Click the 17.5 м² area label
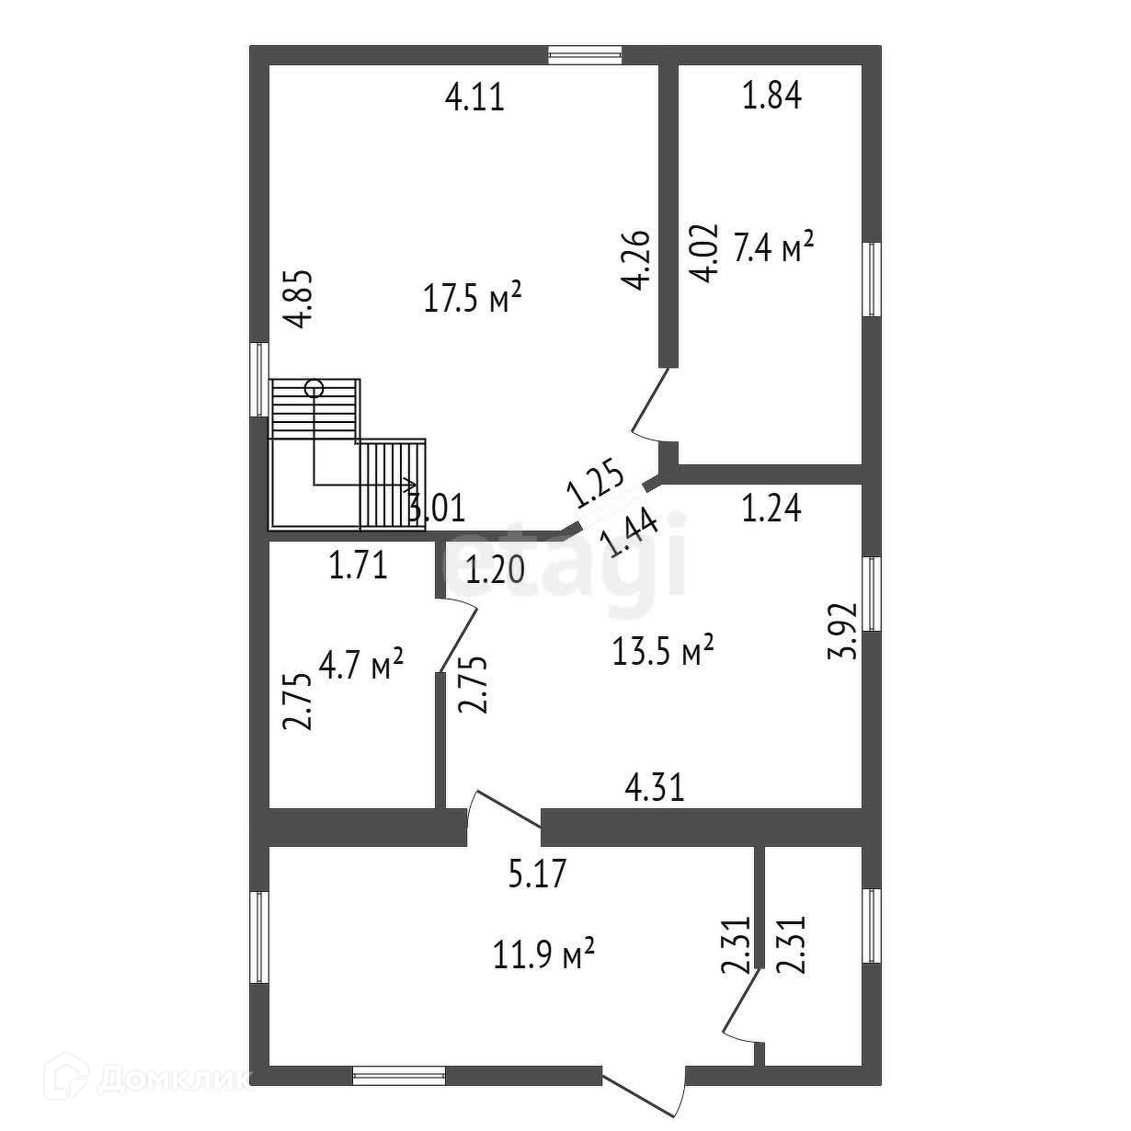(x=473, y=297)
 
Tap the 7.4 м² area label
(x=773, y=247)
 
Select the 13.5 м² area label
(x=663, y=652)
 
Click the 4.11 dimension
(x=474, y=97)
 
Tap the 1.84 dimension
(x=771, y=96)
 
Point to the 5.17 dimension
(x=538, y=873)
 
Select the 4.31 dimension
(x=655, y=788)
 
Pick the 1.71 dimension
(x=359, y=565)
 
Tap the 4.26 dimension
(x=636, y=260)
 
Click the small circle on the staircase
(x=314, y=387)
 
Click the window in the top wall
(x=585, y=54)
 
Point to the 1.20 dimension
(x=495, y=571)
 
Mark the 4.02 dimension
(x=703, y=253)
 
